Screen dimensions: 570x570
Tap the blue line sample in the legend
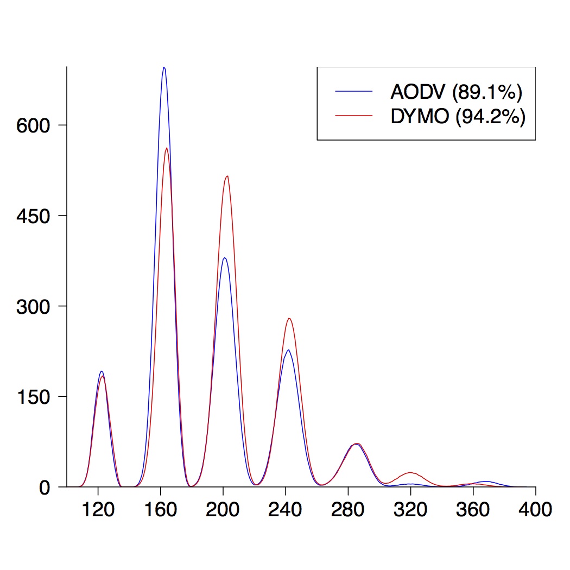coord(354,92)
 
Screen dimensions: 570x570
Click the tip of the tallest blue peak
coord(164,67)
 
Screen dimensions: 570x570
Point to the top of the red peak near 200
coord(227,176)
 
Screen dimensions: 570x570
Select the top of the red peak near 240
coord(289,318)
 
